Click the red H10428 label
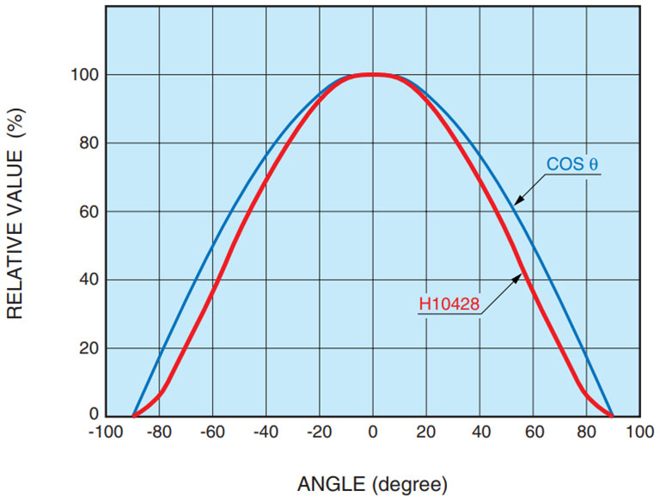click(449, 304)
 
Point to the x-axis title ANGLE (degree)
click(372, 485)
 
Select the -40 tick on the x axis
click(265, 432)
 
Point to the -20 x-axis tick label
click(318, 432)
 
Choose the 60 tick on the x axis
click(533, 432)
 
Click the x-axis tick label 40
click(480, 432)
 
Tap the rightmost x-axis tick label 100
click(639, 432)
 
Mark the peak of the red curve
click(372, 75)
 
